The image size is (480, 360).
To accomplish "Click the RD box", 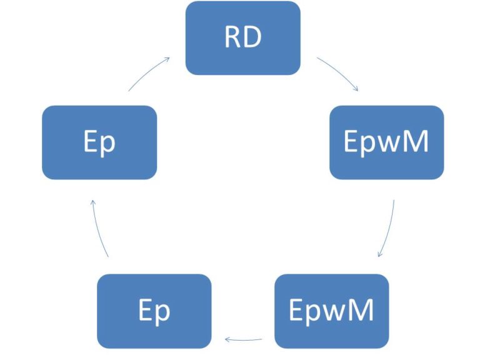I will pos(243,38).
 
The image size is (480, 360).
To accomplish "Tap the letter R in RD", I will pos(233,38).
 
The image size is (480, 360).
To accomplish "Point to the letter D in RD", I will pos(252,38).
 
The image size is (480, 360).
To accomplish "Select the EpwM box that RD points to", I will pos(386,142).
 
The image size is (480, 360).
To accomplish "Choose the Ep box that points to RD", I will pos(99,142).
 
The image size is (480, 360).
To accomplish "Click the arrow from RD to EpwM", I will pos(337,73).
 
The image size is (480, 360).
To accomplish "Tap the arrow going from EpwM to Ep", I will pos(243,340).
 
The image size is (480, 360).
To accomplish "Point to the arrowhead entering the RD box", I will pos(167,59).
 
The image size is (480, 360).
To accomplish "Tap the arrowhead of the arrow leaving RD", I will pos(356,90).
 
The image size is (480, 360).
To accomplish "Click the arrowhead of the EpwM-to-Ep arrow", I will pos(227,340).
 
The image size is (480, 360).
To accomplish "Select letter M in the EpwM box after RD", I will pos(416,142).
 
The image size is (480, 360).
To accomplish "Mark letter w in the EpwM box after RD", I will pos(389,144).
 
